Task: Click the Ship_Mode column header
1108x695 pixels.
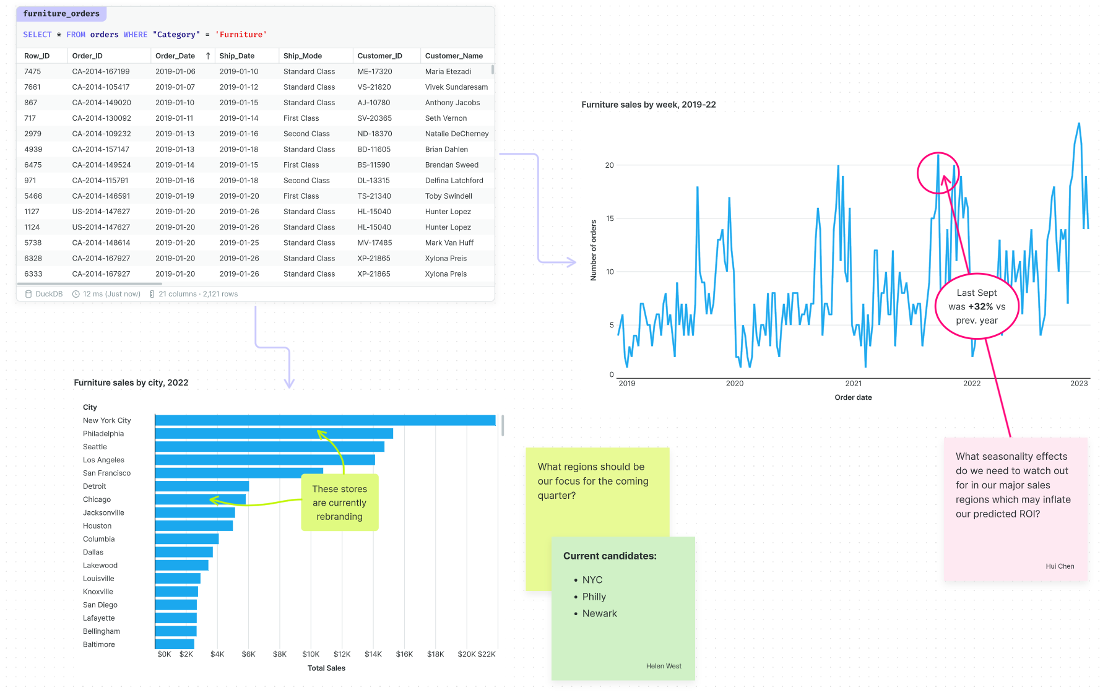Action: click(x=302, y=56)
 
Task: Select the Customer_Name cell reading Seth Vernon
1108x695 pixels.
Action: click(x=446, y=118)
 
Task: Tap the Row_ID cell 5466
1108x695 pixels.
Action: click(x=33, y=196)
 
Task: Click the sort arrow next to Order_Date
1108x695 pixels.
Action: click(x=208, y=56)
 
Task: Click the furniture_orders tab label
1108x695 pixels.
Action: click(x=61, y=14)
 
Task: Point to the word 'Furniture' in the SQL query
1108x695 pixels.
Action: click(x=241, y=35)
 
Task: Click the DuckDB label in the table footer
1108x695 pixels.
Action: click(x=49, y=294)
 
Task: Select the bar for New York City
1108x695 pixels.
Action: click(x=325, y=420)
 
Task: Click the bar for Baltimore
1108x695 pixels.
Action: click(x=175, y=644)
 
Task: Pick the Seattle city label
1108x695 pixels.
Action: click(x=95, y=447)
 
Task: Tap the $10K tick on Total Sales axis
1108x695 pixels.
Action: click(x=311, y=654)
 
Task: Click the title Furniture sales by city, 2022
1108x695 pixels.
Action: click(x=131, y=382)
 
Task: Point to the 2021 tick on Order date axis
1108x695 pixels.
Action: click(x=853, y=384)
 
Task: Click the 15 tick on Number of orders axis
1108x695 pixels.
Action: click(x=610, y=218)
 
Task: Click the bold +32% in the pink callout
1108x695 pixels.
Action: click(x=980, y=306)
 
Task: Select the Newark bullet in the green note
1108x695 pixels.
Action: click(x=599, y=613)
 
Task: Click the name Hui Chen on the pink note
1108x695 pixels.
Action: click(x=1060, y=566)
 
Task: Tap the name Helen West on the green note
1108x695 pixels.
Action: click(x=664, y=666)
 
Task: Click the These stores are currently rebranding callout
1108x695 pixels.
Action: click(x=339, y=503)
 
